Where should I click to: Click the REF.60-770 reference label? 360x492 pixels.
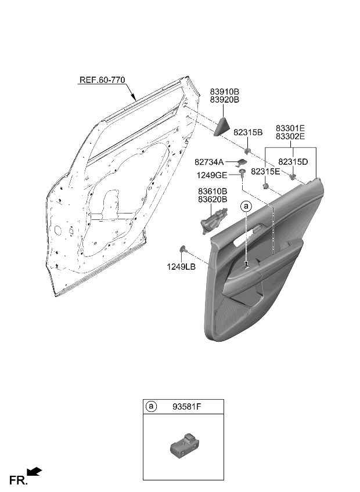[102, 80]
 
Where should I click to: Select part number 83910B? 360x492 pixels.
[224, 92]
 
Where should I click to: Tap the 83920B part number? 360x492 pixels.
[224, 100]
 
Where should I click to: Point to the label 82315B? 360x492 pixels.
[248, 132]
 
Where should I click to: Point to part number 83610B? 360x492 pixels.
[213, 191]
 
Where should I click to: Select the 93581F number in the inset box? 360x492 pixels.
[187, 407]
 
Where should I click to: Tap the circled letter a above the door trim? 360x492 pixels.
[246, 206]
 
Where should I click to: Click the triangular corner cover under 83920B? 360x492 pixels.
[222, 126]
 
